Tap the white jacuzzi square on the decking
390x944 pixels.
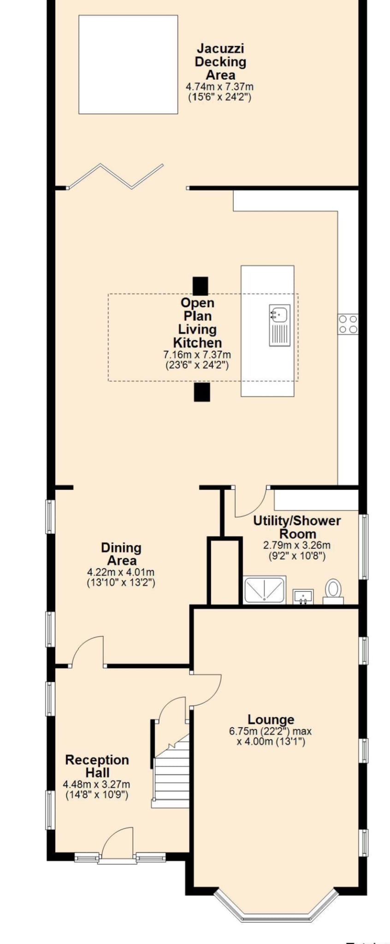128,65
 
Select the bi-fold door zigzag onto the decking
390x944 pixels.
115,177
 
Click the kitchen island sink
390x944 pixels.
280,324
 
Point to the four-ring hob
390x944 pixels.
348,324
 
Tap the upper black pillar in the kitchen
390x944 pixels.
201,286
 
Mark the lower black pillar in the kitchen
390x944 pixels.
202,392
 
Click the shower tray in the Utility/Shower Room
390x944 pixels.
265,589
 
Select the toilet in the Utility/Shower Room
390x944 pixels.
333,591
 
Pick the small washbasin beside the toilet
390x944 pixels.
303,596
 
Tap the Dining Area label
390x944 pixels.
121,554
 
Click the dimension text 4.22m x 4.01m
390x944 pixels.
121,572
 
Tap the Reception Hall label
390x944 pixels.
97,766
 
